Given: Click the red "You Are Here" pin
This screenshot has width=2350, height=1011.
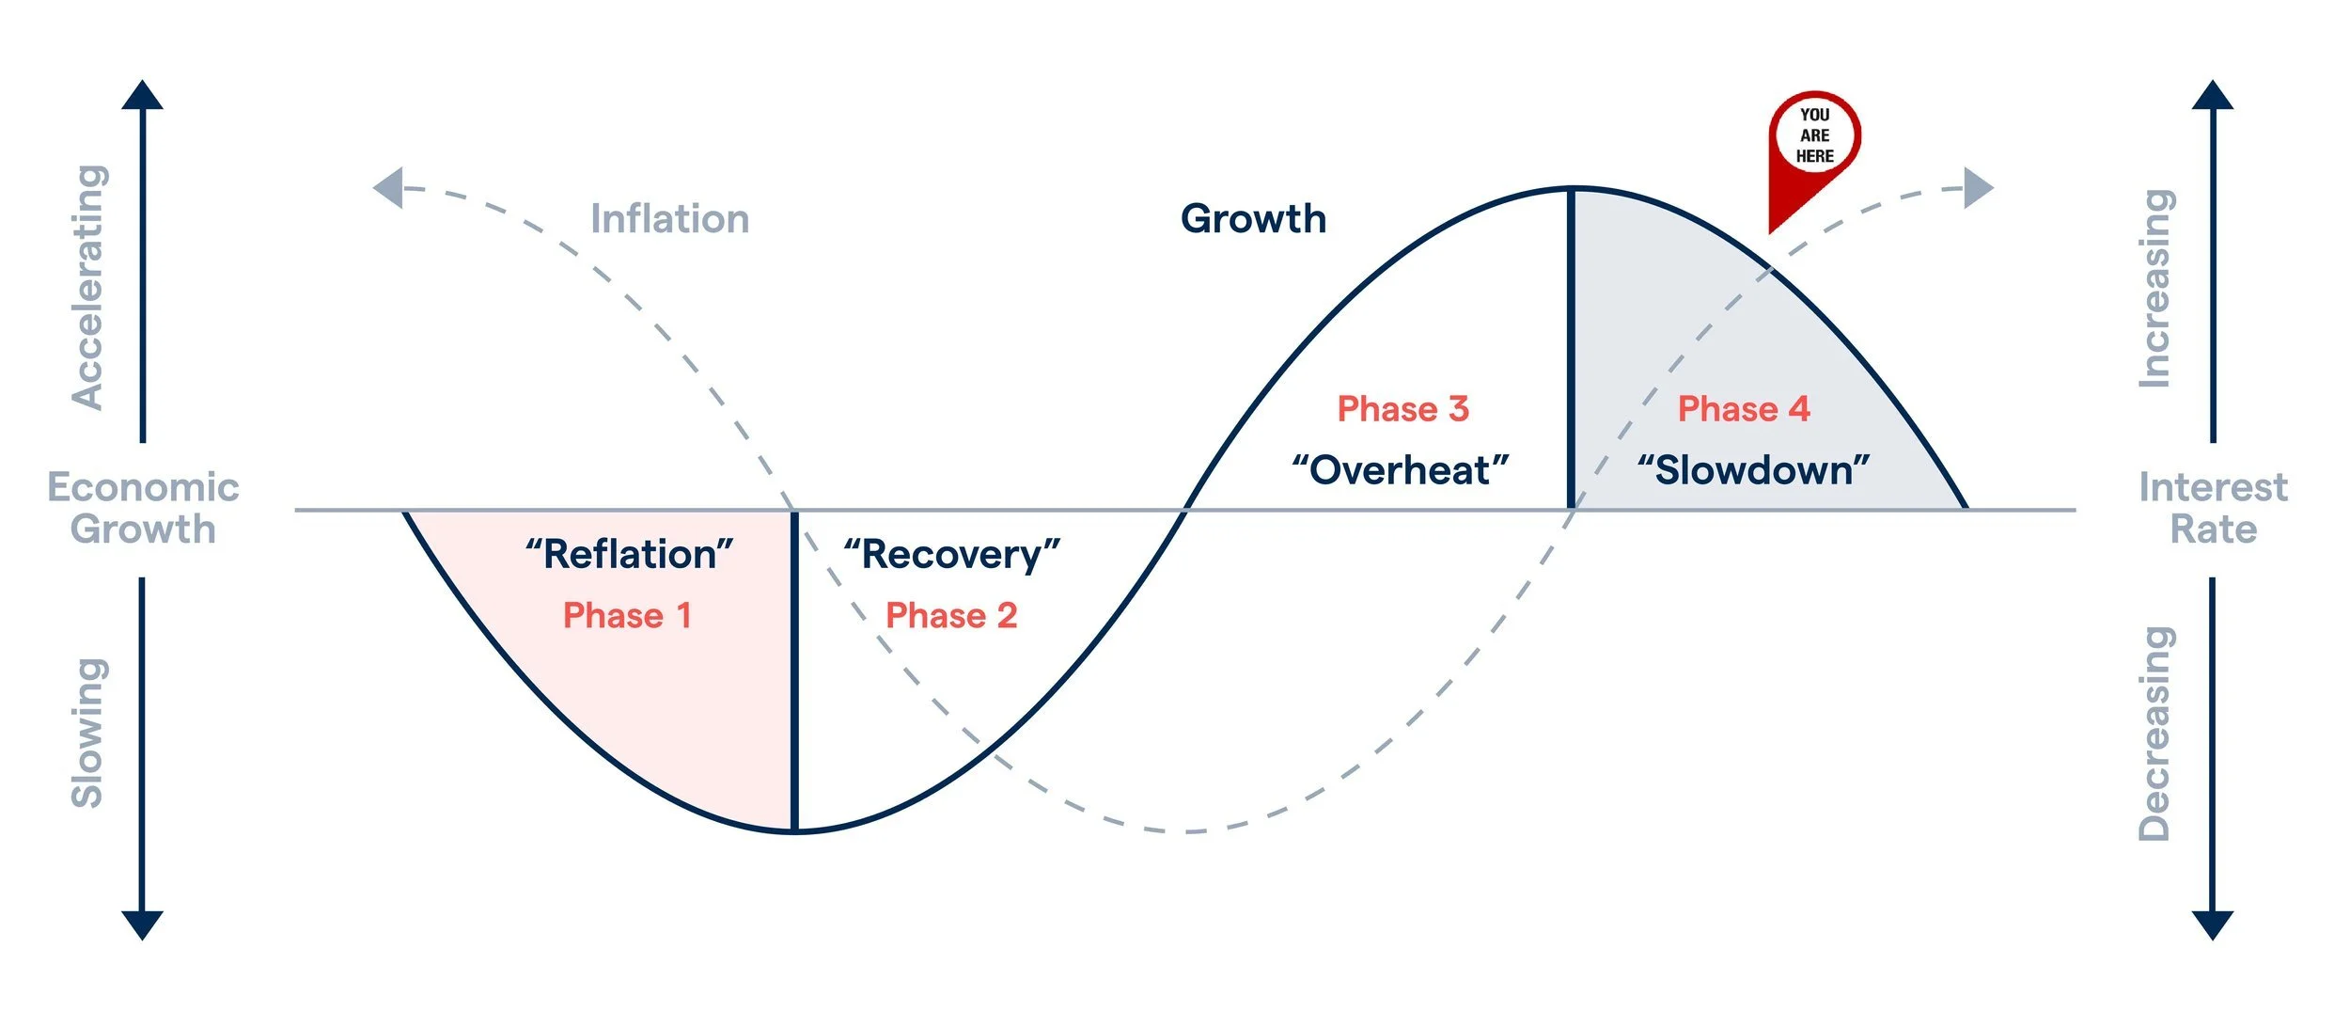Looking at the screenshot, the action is (x=1813, y=141).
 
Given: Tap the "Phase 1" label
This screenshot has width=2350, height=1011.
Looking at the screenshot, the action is (x=627, y=616).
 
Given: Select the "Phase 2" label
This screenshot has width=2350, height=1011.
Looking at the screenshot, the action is (x=951, y=616).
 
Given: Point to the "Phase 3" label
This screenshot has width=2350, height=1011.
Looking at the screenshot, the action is (x=1402, y=409).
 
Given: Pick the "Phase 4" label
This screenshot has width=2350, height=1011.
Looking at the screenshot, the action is (x=1744, y=409).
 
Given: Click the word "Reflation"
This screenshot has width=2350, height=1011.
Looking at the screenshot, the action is (x=630, y=555).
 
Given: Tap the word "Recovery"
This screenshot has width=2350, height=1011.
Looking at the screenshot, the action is (x=951, y=555).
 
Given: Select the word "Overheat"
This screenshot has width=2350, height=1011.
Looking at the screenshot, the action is (x=1401, y=470).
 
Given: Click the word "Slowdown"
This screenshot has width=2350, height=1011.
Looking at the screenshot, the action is (x=1754, y=470).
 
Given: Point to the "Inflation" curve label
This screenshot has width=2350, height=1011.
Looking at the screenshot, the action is (x=669, y=219).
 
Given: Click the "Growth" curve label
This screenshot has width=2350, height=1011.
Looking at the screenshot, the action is (x=1253, y=219).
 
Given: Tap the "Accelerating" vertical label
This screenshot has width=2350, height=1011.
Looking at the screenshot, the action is (x=89, y=287).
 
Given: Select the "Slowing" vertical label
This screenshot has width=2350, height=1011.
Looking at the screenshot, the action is (x=89, y=733).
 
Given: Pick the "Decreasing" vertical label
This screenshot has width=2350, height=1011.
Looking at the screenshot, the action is (x=2154, y=733).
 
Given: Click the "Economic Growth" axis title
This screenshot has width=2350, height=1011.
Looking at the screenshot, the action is (x=143, y=508).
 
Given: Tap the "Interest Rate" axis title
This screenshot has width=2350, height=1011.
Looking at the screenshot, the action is (x=2213, y=508).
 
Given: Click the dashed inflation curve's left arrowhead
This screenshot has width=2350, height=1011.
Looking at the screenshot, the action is (x=389, y=188).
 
